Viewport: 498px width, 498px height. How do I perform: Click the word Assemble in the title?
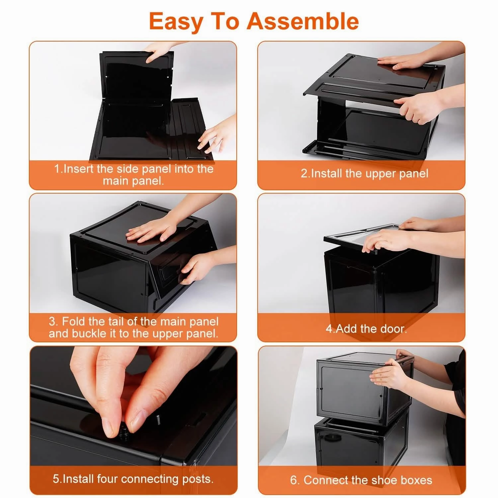[x=302, y=21]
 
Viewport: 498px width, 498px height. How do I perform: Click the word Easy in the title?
[x=176, y=21]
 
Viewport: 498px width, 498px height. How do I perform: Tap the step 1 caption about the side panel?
[x=133, y=175]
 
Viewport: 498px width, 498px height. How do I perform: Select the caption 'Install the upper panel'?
[x=364, y=174]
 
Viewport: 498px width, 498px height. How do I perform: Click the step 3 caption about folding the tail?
[x=133, y=327]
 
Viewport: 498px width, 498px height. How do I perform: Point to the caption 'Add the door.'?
[x=366, y=329]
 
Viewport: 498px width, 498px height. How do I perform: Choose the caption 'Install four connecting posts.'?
[x=133, y=479]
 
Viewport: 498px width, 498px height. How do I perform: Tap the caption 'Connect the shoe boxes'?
[x=361, y=480]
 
